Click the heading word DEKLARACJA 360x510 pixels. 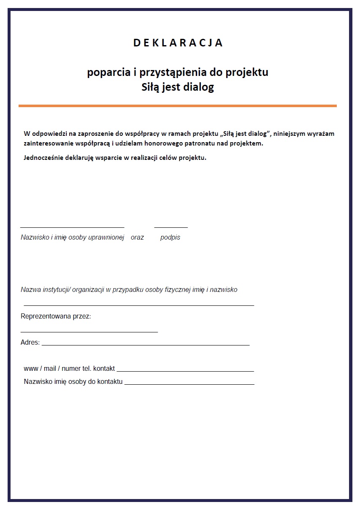[178, 43]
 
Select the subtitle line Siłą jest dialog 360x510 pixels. [178, 87]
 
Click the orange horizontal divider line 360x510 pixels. [178, 105]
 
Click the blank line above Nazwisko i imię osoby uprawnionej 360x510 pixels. [72, 227]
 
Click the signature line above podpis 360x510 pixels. [171, 227]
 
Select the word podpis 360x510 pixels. [170, 237]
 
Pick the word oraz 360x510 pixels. [137, 237]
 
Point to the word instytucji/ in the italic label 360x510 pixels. [55, 290]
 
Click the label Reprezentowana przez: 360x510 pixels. [56, 316]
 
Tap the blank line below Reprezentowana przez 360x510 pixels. [89, 332]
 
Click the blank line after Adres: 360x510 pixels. [146, 345]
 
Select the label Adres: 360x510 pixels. [30, 343]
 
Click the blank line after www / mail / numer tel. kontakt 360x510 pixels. [188, 371]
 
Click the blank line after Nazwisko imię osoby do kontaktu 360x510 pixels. [189, 384]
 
